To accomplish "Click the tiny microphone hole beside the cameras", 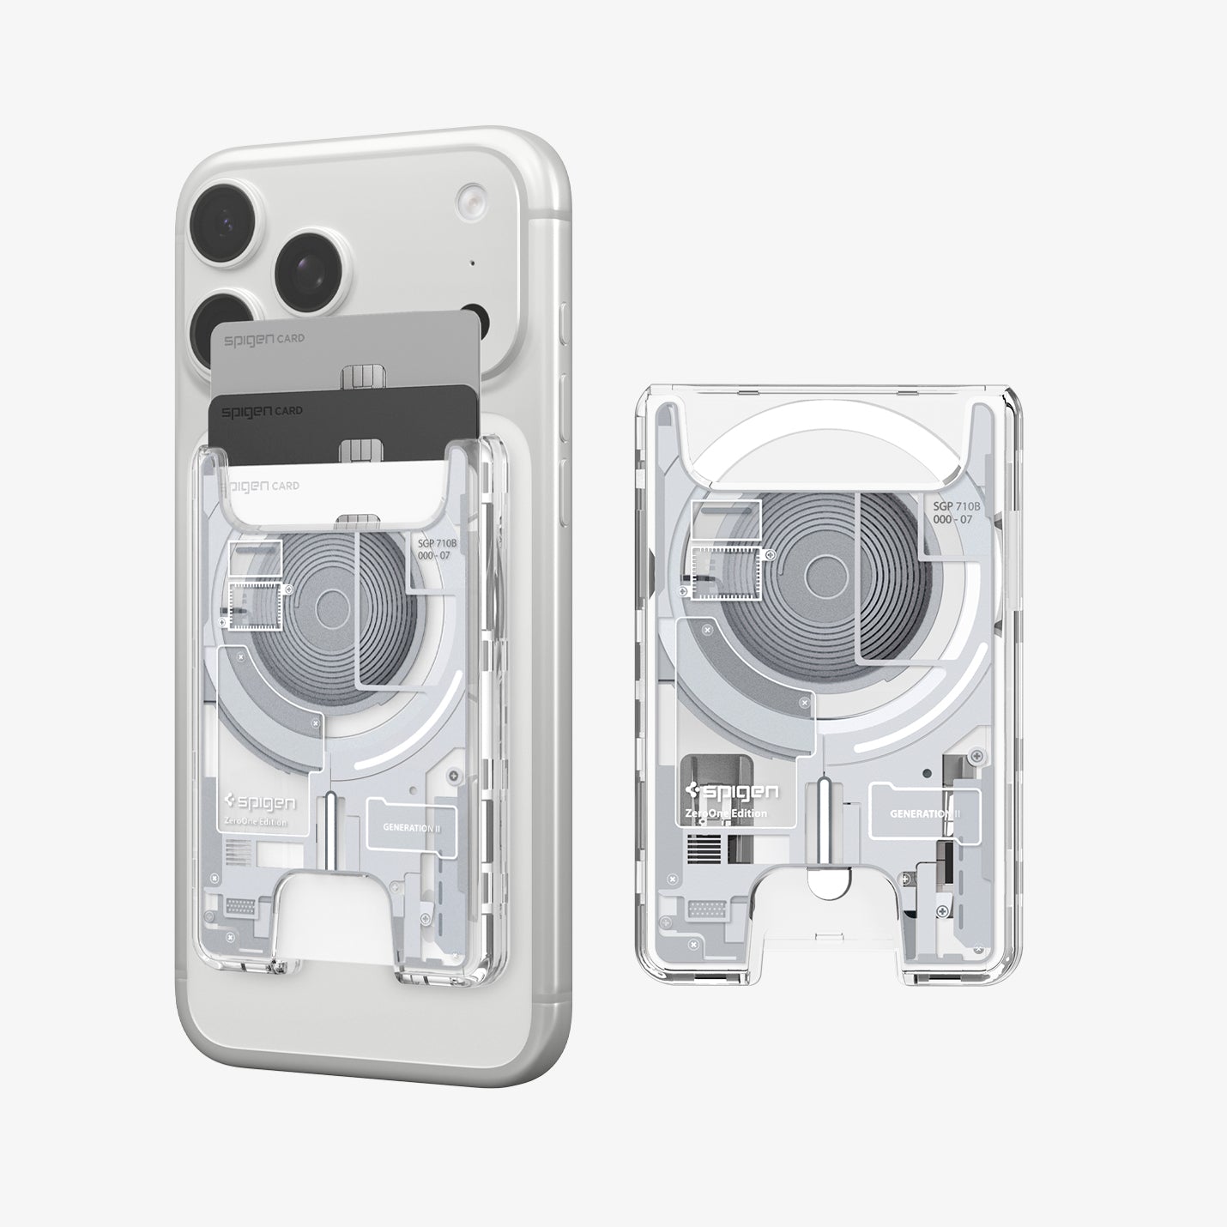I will click(472, 263).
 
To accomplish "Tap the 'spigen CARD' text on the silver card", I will click(263, 339).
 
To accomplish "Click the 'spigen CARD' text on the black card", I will click(263, 411).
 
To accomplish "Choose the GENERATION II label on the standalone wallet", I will click(924, 813).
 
